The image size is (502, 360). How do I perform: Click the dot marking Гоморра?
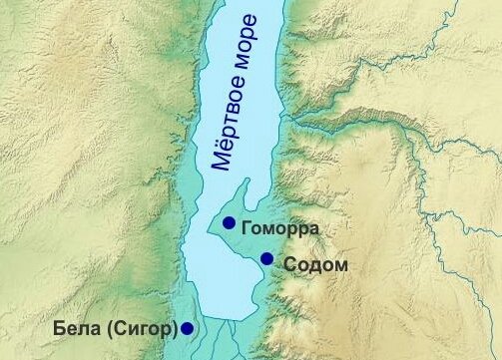[230, 222]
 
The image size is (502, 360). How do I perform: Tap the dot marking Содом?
[266, 259]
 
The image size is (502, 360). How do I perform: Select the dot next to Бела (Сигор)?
[187, 327]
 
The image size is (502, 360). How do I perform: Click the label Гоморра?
[279, 228]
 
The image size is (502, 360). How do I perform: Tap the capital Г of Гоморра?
[246, 228]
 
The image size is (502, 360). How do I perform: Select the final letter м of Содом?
[340, 265]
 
